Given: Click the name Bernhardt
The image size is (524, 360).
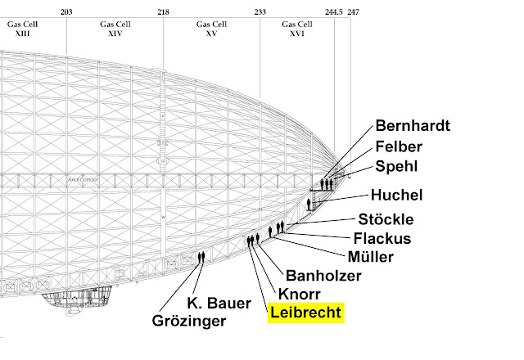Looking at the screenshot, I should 413,126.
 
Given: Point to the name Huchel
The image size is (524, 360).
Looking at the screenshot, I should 397,196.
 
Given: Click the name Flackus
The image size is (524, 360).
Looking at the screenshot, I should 382,239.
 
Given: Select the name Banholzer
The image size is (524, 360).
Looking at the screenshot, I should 323,276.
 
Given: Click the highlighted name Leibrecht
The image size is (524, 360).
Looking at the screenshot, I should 306,312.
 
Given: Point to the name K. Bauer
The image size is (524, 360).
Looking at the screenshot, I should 219,303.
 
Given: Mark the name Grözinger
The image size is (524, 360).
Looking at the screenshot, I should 189,321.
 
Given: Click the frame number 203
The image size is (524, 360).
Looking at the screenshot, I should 66,12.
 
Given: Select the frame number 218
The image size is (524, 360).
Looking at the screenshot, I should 164,12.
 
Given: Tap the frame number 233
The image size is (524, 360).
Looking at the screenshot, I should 260,12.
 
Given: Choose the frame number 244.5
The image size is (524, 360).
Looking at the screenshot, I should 333,12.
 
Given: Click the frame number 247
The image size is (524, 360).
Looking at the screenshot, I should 353,12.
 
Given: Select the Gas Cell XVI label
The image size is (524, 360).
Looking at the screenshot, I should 298,29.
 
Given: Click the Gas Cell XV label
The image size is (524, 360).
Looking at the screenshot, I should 212,29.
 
